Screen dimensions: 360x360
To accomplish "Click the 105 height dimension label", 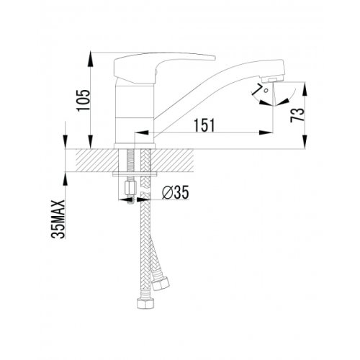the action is tap(84, 100).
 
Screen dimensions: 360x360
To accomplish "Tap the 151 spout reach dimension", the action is tap(204, 125).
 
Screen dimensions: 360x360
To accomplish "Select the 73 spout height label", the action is tap(297, 115).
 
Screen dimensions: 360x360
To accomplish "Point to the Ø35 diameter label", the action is tap(176, 192).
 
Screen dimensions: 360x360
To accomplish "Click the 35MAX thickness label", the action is tap(58, 219).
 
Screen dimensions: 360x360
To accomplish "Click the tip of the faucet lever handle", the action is tap(215, 58).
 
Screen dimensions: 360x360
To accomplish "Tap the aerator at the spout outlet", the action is tap(273, 80).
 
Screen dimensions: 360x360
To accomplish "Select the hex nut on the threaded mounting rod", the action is tap(131, 188).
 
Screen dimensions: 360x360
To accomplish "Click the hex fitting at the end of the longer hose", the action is tap(145, 303).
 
